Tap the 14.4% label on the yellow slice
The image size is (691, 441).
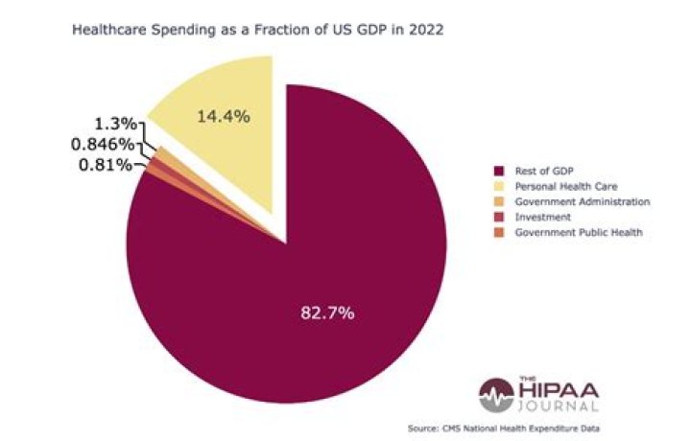point(223,117)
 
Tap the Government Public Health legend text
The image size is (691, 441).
point(573,232)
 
